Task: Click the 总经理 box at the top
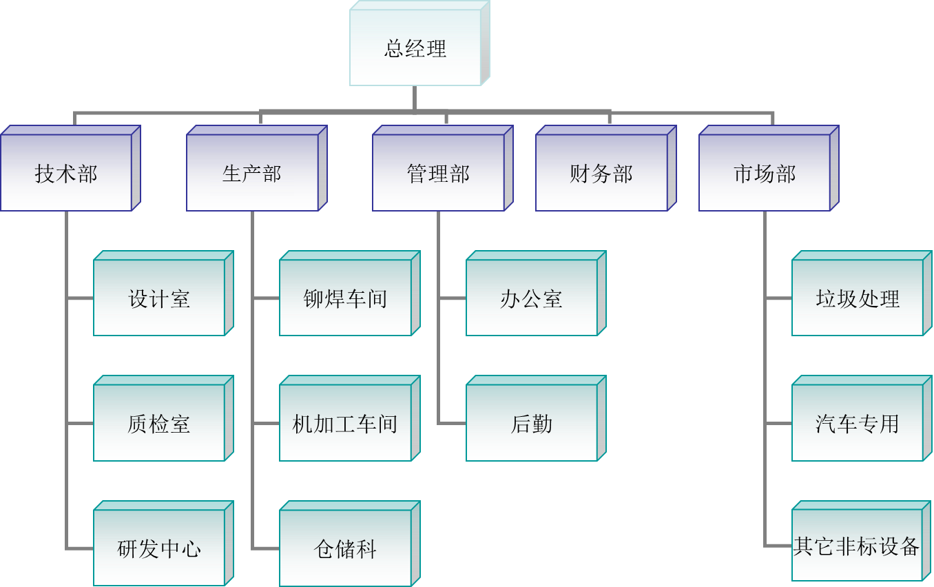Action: point(415,48)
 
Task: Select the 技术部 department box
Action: point(66,173)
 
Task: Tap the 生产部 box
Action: point(252,173)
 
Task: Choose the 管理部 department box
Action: point(438,173)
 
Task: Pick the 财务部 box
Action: point(601,173)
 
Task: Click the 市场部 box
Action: point(765,173)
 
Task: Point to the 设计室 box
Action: point(159,298)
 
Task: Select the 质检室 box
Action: point(159,423)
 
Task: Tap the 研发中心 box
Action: point(159,548)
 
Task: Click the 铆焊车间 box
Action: point(345,298)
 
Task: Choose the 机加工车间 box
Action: point(345,423)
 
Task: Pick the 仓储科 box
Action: point(345,548)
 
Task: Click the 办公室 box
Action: point(532,298)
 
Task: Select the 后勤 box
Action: point(532,423)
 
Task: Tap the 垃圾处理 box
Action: point(858,298)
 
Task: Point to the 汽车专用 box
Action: point(858,423)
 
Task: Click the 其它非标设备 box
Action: point(858,546)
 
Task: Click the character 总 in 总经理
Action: point(395,49)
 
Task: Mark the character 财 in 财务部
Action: point(580,174)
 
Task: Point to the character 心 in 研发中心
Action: point(191,549)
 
